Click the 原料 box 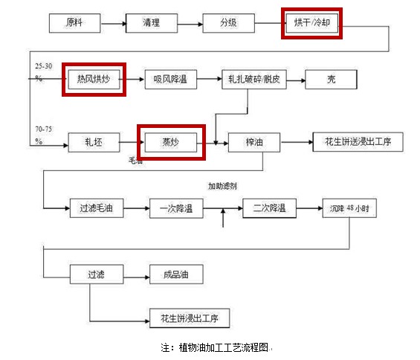tap(75, 24)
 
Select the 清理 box tap(151, 24)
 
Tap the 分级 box tap(229, 24)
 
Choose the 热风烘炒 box tap(94, 78)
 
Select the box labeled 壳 tap(330, 79)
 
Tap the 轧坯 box tap(94, 141)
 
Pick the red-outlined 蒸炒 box tap(171, 141)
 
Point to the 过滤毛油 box tap(94, 208)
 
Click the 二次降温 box tap(269, 208)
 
